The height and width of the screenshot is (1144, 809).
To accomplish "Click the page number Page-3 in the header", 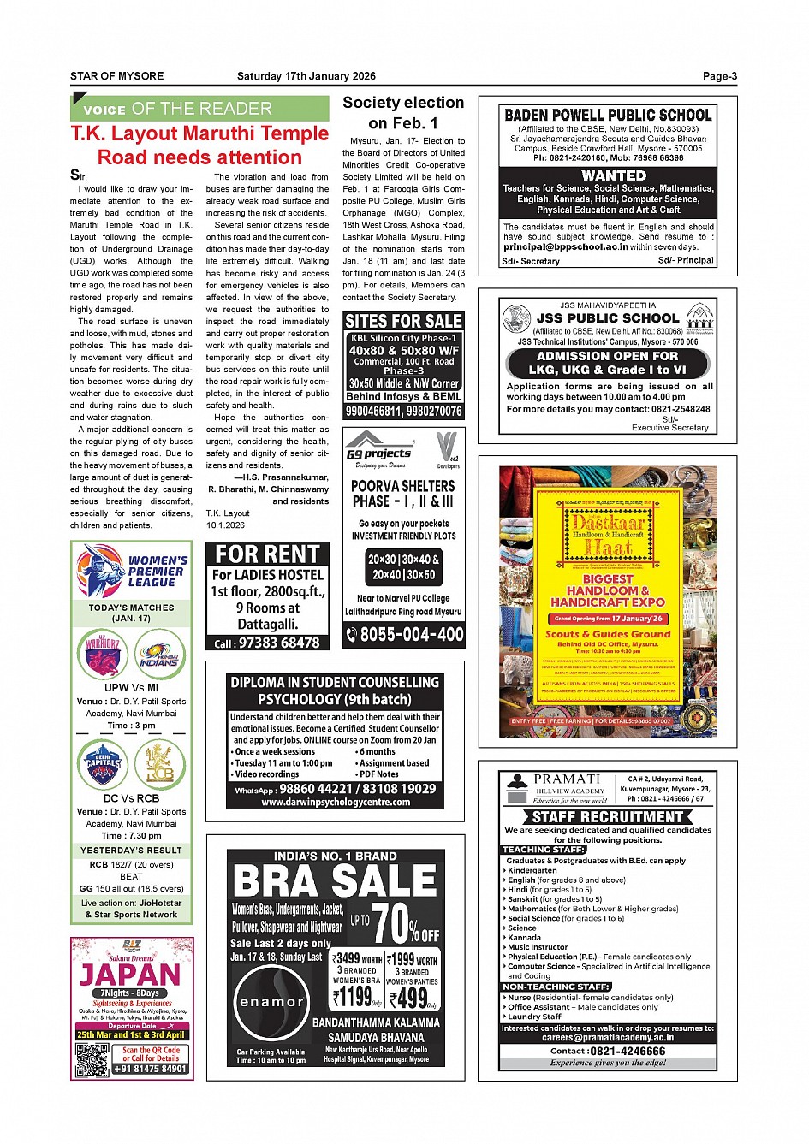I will pos(719,76).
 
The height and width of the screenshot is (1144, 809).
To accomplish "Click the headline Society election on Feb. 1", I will pos(403,112).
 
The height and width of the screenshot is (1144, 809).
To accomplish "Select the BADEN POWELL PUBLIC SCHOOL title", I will pos(608,115).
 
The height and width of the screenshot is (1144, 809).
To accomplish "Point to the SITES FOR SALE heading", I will pos(403,321).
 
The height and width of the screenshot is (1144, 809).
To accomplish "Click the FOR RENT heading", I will pos(267,554).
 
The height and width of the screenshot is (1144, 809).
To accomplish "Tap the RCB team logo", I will pos(159,763).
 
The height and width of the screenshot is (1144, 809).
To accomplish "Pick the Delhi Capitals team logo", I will pos(103,763).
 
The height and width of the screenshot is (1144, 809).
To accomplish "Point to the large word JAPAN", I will pos(131,975).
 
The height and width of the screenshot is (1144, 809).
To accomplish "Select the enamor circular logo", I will pos(271,1002).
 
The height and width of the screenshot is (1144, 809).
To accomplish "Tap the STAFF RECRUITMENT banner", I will pos(607,816).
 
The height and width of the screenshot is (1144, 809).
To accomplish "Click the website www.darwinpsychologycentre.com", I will pos(336,803).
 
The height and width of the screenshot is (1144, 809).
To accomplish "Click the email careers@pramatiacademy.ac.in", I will pos(607,1037).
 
